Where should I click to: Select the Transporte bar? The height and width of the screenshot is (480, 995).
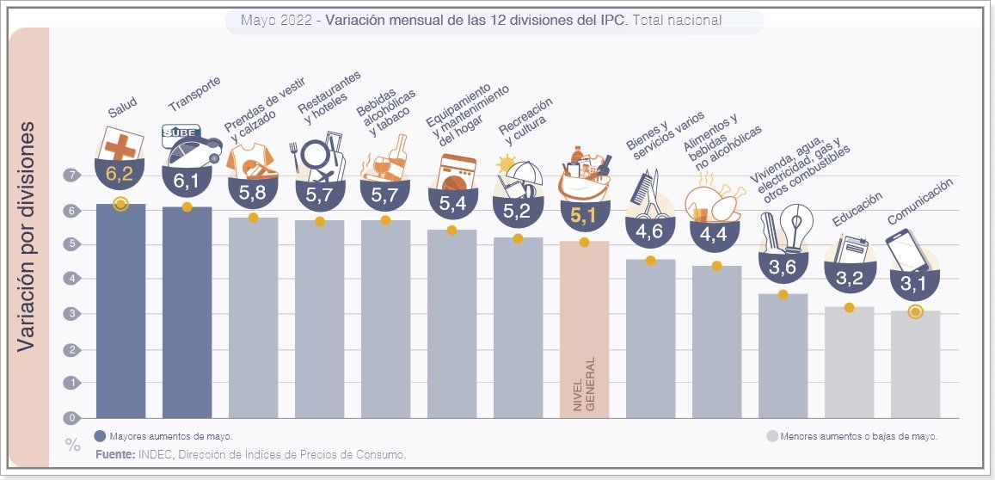(x=187, y=314)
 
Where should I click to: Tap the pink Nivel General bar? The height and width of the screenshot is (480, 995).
(x=584, y=331)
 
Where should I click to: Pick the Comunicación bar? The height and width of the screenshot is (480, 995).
(x=915, y=366)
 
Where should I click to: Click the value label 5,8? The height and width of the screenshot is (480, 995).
(x=253, y=194)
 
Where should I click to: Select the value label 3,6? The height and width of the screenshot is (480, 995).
(x=783, y=268)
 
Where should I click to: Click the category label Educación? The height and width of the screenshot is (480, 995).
(x=857, y=210)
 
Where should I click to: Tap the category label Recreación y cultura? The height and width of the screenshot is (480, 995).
(x=525, y=123)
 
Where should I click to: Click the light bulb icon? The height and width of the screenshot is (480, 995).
(x=795, y=225)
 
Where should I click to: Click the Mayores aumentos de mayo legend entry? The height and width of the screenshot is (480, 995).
(x=163, y=436)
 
